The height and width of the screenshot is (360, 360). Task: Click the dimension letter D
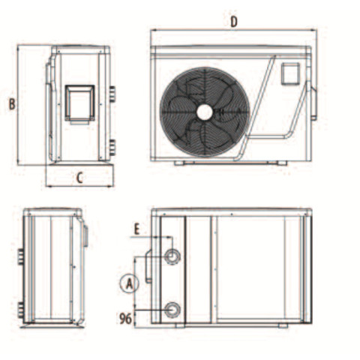click(233, 22)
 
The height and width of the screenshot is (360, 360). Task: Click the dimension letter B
click(12, 104)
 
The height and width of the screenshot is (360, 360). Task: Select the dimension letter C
click(79, 178)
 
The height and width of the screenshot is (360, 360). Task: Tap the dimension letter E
click(136, 229)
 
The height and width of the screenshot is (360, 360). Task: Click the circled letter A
click(129, 284)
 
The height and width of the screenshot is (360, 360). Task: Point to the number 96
click(125, 319)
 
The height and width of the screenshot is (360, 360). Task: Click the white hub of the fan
click(205, 112)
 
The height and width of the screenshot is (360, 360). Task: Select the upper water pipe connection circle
click(172, 256)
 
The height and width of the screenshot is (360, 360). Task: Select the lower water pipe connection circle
click(172, 310)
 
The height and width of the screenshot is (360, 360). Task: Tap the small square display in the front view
click(290, 73)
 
